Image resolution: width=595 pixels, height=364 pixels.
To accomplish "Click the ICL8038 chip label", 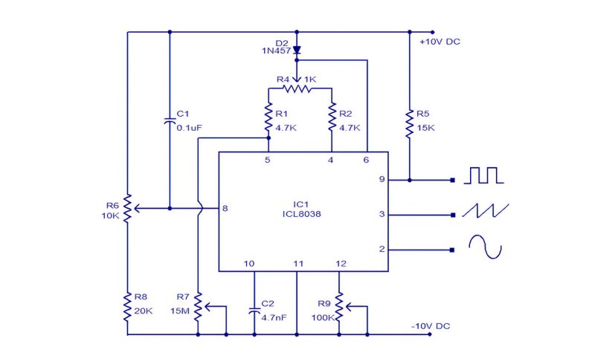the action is (302, 214).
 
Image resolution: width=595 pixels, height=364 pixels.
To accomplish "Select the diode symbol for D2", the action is (297, 51).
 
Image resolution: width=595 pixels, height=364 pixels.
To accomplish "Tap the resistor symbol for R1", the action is (268, 117).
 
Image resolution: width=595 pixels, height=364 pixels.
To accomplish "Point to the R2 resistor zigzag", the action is (332, 117).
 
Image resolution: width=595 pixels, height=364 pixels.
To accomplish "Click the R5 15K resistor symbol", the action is (410, 123).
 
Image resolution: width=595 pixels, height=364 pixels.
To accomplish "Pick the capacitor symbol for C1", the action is (170, 121).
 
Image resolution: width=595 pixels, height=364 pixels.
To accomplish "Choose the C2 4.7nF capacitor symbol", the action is (254, 311).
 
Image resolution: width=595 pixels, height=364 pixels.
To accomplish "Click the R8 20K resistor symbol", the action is (127, 308).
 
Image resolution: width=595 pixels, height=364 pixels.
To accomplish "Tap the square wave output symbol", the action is (484, 175).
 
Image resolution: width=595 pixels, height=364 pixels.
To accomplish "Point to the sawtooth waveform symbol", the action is (486, 210).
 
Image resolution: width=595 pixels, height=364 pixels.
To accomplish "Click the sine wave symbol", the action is (486, 247).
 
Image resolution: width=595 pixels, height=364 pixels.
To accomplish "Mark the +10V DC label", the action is (440, 42).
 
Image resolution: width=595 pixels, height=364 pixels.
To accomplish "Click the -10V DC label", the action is (431, 326).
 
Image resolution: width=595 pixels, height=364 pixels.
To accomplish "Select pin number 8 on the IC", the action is (225, 208).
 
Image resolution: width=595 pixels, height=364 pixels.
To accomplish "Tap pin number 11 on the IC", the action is (298, 264).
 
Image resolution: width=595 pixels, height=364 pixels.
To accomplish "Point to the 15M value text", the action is (180, 311).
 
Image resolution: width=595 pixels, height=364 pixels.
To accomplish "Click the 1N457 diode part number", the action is (276, 51).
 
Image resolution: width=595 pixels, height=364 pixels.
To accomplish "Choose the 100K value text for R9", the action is (323, 318).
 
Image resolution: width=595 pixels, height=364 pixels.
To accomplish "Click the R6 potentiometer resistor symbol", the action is (127, 208).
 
